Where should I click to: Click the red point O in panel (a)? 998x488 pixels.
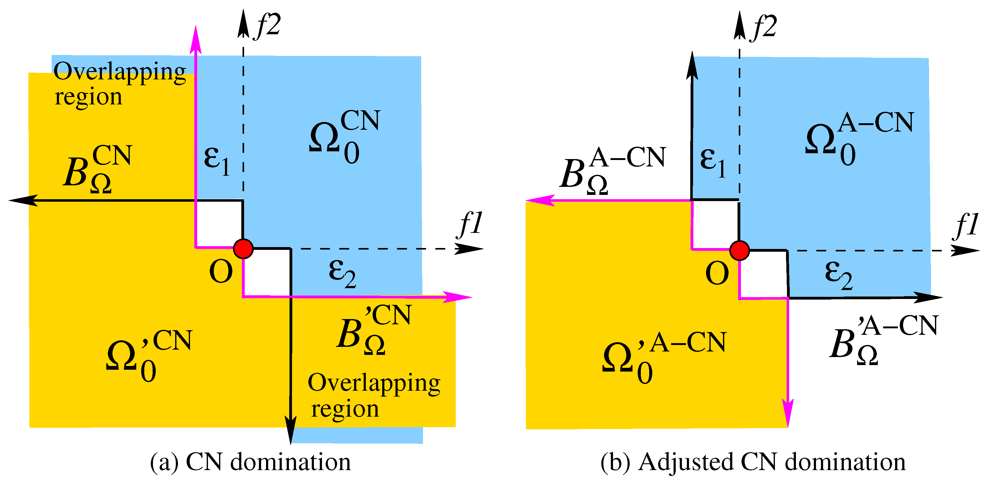point(243,249)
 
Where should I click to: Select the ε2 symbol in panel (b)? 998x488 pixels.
point(839,275)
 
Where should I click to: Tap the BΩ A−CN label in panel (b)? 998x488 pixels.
point(612,170)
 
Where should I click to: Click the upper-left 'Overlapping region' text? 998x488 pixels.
point(119,83)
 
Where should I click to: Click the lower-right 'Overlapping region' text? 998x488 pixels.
point(374,395)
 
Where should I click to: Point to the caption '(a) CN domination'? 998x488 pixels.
point(250,462)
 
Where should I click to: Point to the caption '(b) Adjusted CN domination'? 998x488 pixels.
point(753,462)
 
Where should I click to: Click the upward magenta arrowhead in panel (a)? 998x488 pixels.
point(196,39)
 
